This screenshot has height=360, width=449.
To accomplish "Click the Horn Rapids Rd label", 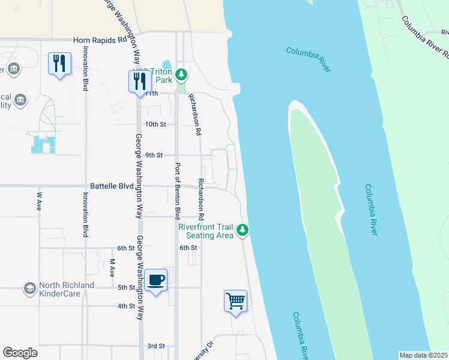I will click(100, 40).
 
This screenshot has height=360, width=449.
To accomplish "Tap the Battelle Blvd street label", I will click(112, 187).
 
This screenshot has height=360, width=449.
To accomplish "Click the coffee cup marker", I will click(156, 280).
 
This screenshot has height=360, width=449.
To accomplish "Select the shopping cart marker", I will click(235, 301).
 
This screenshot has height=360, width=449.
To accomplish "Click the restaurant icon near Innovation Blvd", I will click(59, 64).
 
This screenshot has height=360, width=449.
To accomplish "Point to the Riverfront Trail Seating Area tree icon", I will click(243, 230).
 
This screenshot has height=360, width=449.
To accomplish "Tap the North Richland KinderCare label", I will click(66, 290).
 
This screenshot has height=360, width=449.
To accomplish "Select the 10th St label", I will click(155, 124).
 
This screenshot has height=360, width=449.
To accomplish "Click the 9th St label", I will click(154, 155).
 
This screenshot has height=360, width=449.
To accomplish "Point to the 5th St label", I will click(126, 287).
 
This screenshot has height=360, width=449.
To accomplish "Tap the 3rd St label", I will click(156, 346).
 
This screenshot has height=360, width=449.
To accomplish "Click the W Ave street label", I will click(40, 196).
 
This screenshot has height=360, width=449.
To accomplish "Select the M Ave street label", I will click(112, 268).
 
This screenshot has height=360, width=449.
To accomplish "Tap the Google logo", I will click(20, 353).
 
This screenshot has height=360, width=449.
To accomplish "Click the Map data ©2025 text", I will click(423, 355).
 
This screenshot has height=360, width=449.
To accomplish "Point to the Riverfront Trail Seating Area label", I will click(206, 231).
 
